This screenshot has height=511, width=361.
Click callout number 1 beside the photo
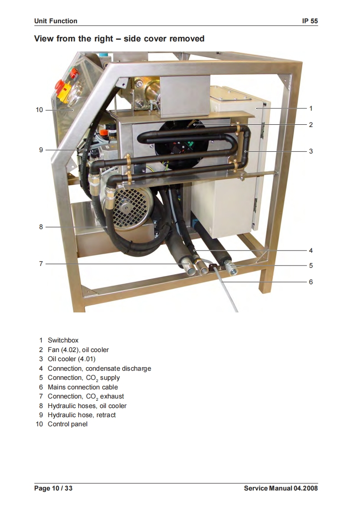(310, 108)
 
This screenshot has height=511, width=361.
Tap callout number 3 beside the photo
(310, 151)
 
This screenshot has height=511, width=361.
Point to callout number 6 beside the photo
(310, 282)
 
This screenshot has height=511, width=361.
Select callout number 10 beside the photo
(39, 110)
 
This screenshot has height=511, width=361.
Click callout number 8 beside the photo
(41, 226)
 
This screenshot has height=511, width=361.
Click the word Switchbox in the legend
(63, 340)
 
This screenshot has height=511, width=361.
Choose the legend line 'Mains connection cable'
(82, 387)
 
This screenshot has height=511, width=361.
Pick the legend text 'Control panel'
(67, 424)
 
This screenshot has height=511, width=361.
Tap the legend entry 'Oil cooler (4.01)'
(71, 359)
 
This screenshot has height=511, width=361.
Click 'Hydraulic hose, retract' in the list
(81, 415)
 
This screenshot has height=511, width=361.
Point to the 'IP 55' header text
(310, 21)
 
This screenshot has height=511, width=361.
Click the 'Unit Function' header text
(56, 21)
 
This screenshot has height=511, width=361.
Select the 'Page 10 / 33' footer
(53, 489)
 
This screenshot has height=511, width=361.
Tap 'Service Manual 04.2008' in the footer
(280, 489)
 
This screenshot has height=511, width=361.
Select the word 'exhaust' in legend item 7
(112, 396)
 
